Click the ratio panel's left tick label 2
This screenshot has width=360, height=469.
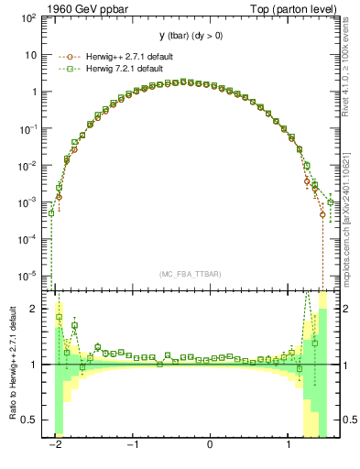38,309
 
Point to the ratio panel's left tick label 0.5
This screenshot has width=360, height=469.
34,420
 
